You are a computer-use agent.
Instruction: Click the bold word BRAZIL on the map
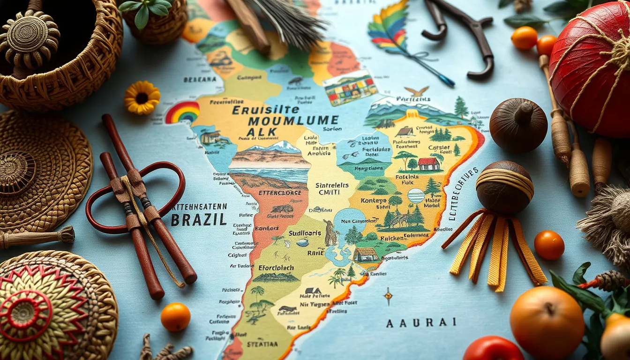[199, 219]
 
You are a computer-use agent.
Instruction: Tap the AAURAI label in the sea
[421, 322]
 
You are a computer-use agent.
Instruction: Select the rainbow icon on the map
[182, 113]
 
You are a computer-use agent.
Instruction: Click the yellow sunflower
[142, 97]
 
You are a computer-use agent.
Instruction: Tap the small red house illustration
[429, 164]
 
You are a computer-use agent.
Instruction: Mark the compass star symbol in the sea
[388, 296]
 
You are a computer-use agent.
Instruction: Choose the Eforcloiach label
[276, 268]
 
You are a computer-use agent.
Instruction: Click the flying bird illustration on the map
[417, 91]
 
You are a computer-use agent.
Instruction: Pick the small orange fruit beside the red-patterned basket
[175, 317]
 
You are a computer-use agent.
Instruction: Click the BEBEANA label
[200, 80]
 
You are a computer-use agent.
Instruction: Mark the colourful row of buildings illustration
[351, 89]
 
